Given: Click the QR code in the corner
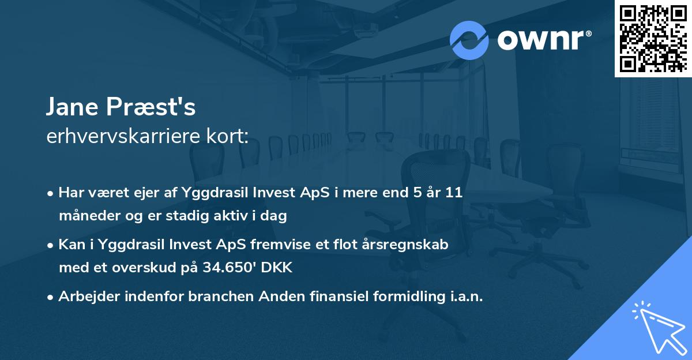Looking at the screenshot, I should [653, 39].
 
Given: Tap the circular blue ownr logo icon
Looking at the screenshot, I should [469, 40].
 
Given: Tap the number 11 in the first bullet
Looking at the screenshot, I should [454, 193].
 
